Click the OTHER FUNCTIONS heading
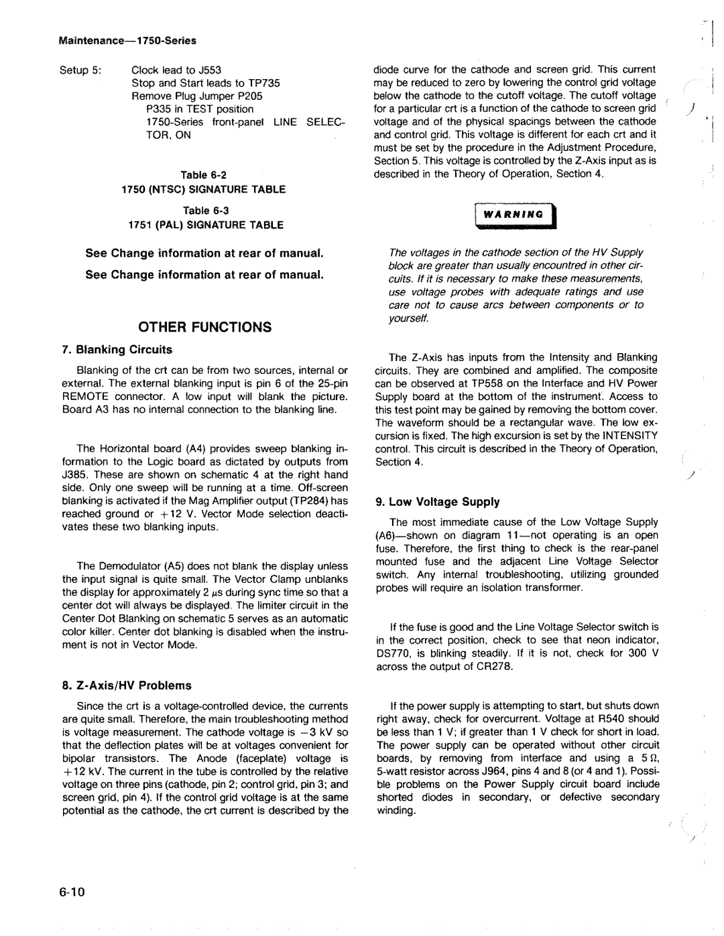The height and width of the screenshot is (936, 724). pyautogui.click(x=205, y=327)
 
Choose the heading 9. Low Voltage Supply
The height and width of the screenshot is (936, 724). pyautogui.click(x=438, y=502)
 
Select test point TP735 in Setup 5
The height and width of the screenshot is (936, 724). pyautogui.click(x=265, y=83)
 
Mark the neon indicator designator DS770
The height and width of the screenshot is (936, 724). pyautogui.click(x=393, y=653)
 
